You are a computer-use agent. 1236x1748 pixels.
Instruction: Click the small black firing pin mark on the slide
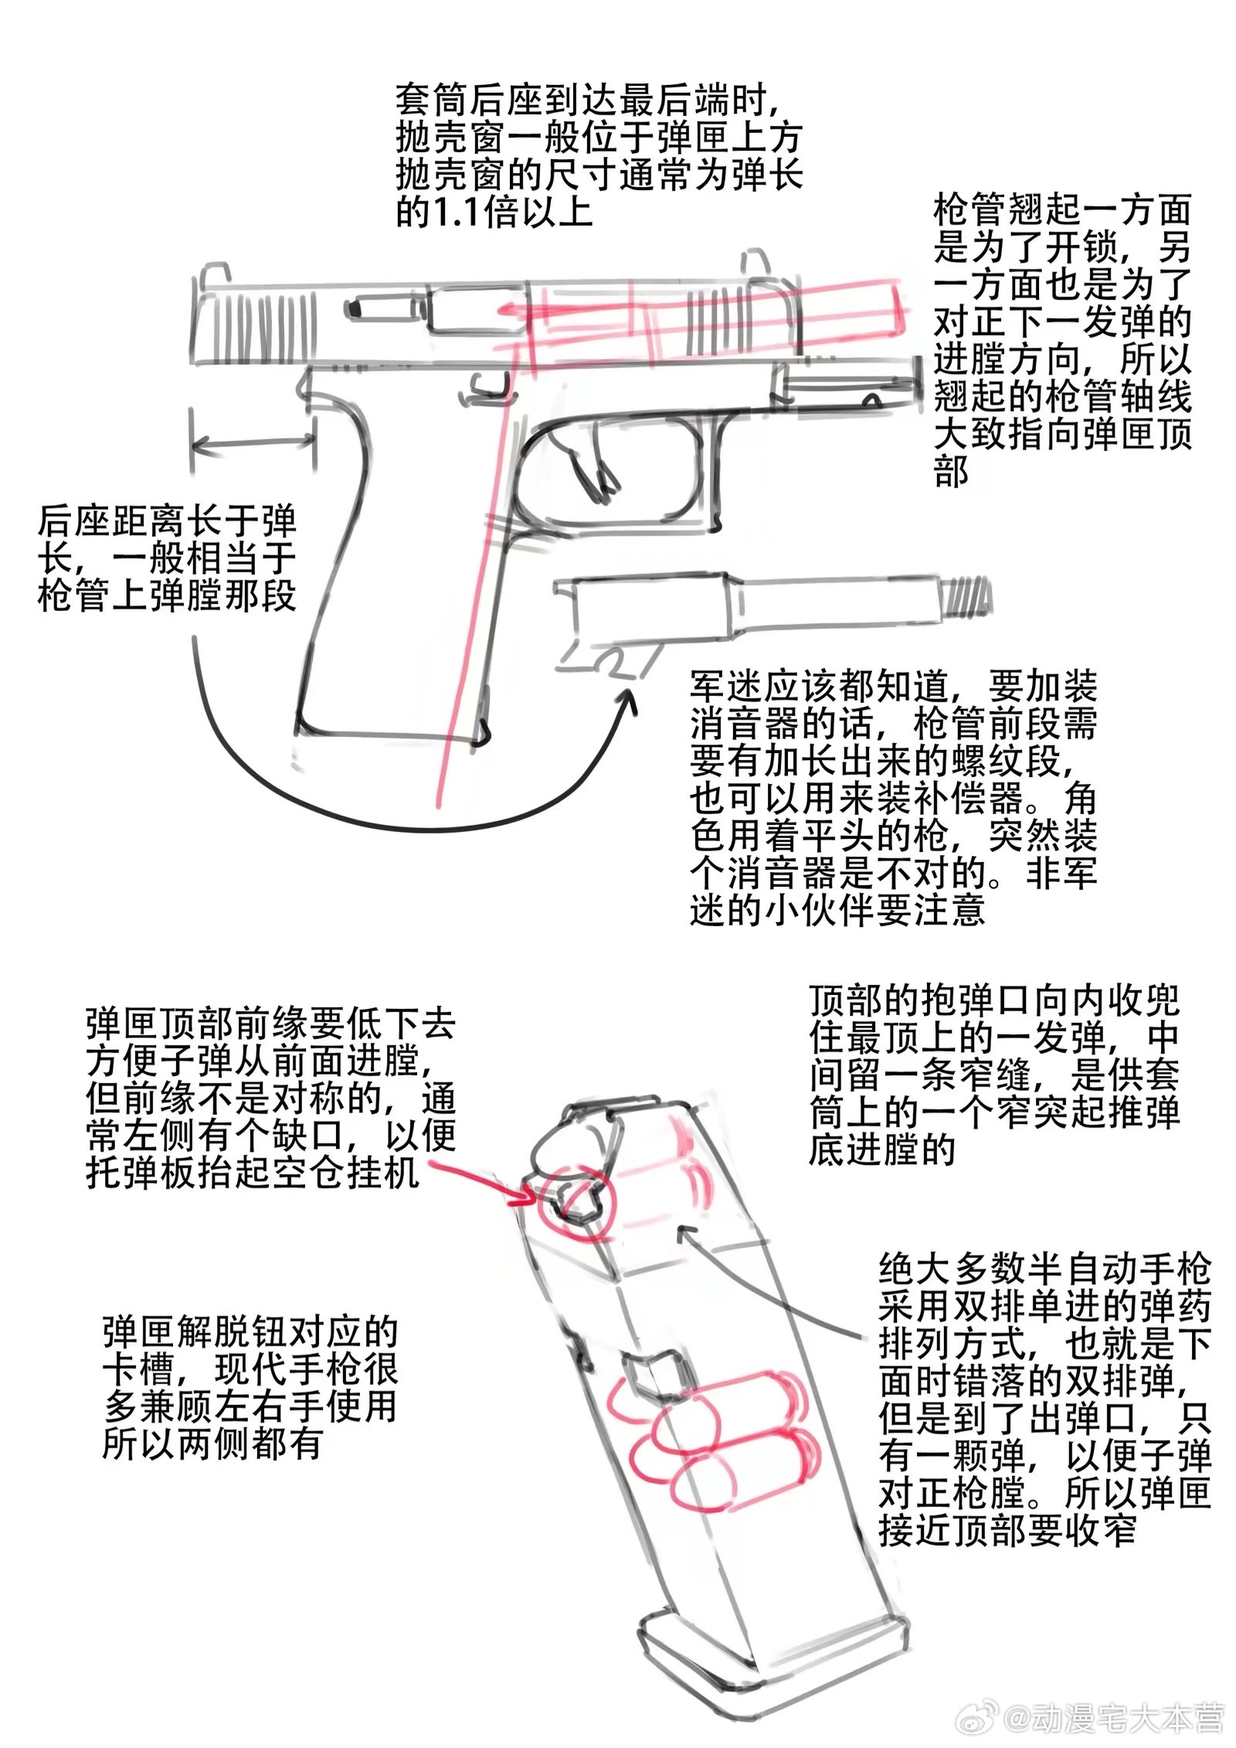pos(356,309)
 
